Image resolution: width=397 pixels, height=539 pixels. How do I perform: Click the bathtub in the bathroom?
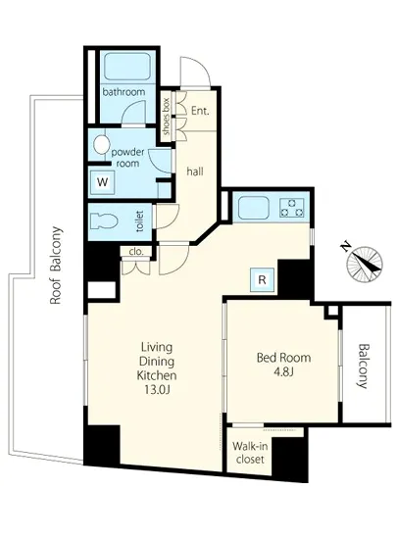[127, 67]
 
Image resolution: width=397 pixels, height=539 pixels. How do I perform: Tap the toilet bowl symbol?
[104, 221]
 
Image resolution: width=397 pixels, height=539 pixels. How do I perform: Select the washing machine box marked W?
[102, 182]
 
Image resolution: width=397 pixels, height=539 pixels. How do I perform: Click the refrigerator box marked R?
[263, 280]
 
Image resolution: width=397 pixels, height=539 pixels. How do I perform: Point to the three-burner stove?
[292, 208]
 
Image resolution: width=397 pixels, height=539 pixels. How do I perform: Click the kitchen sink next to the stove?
[254, 208]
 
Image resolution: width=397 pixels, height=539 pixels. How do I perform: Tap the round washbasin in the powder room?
[100, 145]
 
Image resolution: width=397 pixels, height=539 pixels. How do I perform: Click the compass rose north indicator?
[365, 263]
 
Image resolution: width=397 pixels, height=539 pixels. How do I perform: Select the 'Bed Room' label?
[284, 358]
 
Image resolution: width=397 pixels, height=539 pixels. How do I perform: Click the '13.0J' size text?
[157, 389]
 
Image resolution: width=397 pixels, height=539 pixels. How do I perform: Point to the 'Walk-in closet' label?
[250, 453]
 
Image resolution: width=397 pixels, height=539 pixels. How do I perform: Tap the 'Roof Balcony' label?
[57, 265]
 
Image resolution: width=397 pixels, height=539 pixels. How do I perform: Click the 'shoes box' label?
[167, 117]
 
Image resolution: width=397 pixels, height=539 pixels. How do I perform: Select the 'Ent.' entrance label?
[200, 111]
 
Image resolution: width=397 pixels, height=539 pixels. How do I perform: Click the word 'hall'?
[195, 171]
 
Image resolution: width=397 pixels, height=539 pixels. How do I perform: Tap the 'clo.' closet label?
[136, 252]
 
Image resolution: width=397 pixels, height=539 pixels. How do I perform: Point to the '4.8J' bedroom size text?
[283, 372]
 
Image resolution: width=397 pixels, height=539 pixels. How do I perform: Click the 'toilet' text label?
[140, 221]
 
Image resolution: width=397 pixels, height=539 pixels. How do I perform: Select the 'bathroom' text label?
[124, 92]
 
